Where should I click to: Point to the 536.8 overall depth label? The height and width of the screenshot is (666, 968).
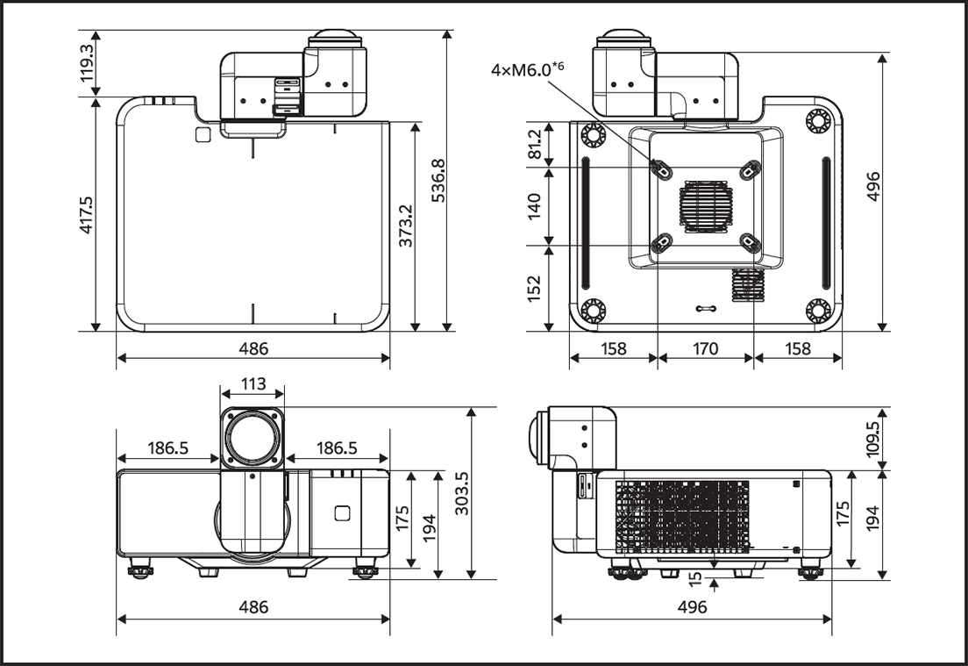point(438,181)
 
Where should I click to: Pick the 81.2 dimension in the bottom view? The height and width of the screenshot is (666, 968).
point(534,143)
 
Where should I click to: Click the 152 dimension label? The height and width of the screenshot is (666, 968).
point(534,289)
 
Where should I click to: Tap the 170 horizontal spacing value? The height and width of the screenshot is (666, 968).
point(705,348)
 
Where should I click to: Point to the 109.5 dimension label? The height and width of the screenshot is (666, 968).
point(872,438)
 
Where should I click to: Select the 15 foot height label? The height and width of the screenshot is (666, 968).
point(696,579)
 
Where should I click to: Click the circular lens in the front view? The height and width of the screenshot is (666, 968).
point(253,436)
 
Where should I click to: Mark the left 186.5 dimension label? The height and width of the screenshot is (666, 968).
point(167,448)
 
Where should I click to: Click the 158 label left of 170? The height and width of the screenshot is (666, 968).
point(614,348)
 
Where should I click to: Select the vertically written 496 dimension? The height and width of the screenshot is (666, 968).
point(872,187)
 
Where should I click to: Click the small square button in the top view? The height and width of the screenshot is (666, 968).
point(203,134)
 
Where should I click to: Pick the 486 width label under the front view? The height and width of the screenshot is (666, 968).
point(253,606)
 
